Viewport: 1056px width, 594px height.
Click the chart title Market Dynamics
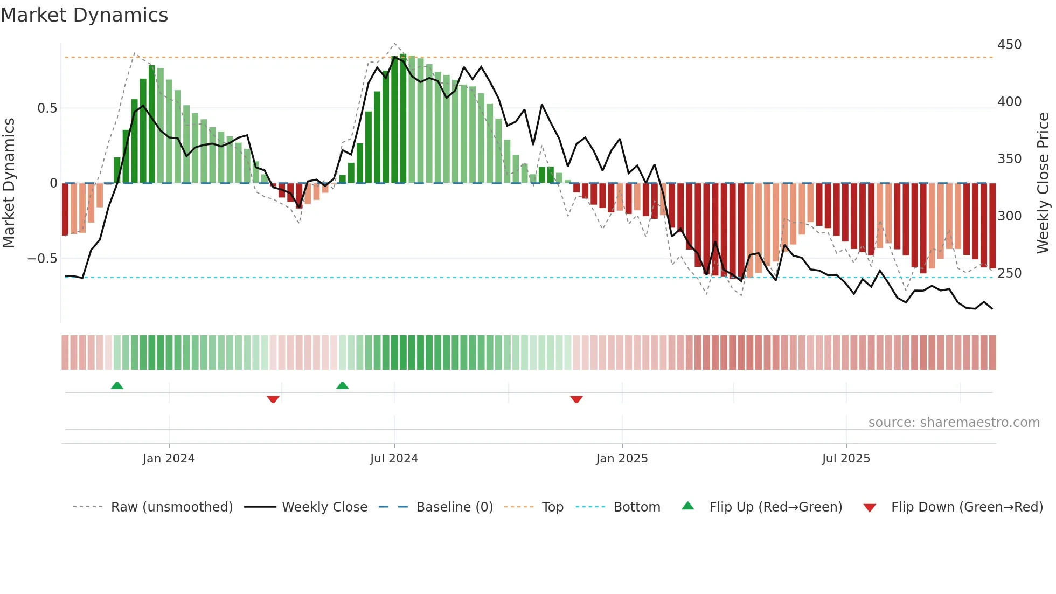[x=85, y=15]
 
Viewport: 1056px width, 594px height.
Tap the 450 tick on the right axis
[x=1009, y=45]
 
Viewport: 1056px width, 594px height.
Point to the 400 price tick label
[x=1009, y=102]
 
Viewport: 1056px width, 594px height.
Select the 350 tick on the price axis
[x=1009, y=159]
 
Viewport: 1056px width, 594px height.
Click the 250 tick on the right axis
[x=1009, y=273]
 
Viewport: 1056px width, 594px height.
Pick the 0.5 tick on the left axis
[x=47, y=108]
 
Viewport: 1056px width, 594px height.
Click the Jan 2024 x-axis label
[x=169, y=459]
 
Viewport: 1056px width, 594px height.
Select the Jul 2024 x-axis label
[x=394, y=459]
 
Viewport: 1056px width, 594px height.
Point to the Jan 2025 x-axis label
[x=622, y=459]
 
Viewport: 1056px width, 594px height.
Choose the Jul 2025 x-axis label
[x=846, y=459]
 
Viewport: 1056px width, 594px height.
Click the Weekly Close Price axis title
[x=1044, y=183]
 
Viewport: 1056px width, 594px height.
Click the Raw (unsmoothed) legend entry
[x=171, y=507]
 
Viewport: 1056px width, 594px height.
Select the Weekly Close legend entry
[x=324, y=507]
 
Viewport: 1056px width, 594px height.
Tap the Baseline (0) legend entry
[x=454, y=507]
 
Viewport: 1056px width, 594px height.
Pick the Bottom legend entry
[x=636, y=507]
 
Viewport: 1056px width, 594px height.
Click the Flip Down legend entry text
[x=967, y=507]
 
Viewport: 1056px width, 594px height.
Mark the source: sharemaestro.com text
[x=954, y=423]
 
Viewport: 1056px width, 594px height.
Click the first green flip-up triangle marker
[x=117, y=385]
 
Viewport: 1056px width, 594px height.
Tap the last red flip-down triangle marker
[x=576, y=399]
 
